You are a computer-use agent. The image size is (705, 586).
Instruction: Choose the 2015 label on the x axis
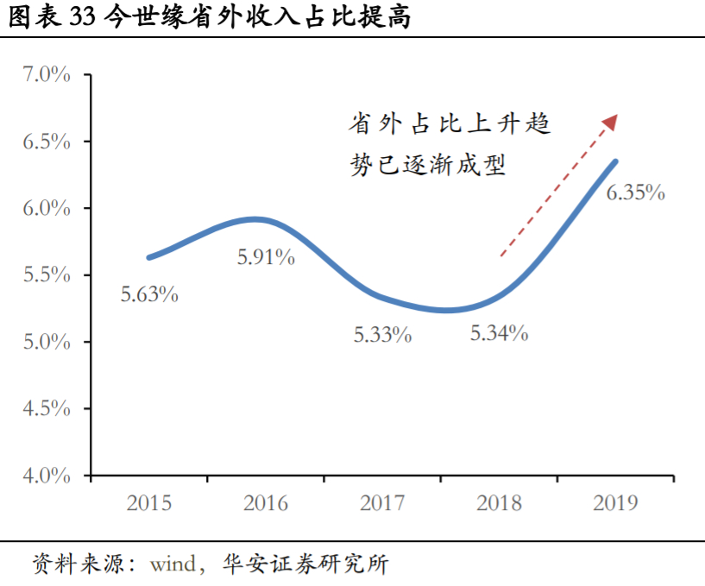(x=149, y=503)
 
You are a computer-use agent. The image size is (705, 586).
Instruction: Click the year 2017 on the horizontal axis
(x=383, y=503)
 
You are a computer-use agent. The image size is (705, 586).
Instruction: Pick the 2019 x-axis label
(x=616, y=503)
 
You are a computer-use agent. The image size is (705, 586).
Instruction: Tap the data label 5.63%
(x=149, y=294)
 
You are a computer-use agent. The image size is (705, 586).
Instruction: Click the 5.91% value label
(x=266, y=256)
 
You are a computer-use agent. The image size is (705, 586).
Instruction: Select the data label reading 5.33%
(x=382, y=335)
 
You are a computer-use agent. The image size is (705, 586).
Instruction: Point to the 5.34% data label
(x=499, y=333)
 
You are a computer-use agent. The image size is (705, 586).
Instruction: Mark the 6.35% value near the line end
(x=635, y=192)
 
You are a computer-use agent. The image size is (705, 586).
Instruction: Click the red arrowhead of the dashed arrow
(x=611, y=121)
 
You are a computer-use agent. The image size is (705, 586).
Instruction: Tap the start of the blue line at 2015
(x=149, y=257)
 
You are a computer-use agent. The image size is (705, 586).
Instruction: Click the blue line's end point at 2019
(x=615, y=161)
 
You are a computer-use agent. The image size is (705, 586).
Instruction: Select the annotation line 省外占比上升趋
(x=449, y=124)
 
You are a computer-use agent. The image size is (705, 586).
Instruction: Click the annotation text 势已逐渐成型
(x=427, y=164)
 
